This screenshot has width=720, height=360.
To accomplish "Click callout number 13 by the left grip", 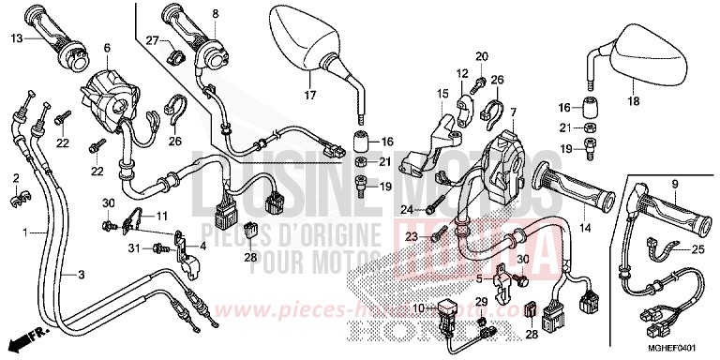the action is click(17, 38).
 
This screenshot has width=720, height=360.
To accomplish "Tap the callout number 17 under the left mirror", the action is click(310, 95).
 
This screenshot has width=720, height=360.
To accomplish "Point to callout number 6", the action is click(107, 47).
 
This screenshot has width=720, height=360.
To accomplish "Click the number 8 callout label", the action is click(215, 13).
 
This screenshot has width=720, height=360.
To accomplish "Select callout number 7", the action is click(513, 112).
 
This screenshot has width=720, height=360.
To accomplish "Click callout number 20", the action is click(482, 56).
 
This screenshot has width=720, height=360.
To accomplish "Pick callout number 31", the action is click(134, 247).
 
